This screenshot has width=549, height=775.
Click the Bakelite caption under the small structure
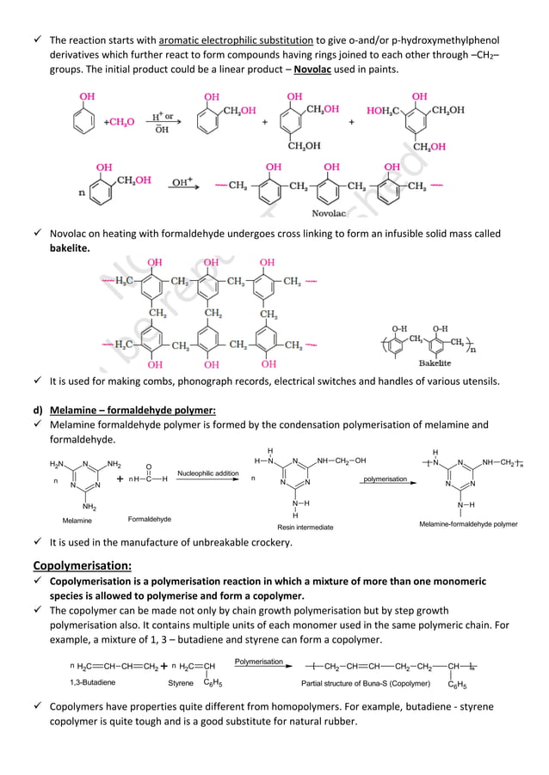click(435, 363)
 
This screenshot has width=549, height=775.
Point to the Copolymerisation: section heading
click(82, 565)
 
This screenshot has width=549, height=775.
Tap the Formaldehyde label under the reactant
click(150, 519)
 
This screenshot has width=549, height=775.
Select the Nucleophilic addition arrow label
click(208, 473)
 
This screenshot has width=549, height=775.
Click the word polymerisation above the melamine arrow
click(385, 479)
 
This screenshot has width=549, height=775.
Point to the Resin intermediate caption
click(304, 526)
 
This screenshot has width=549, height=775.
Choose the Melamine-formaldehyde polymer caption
click(468, 523)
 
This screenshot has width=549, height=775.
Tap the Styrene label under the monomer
click(181, 682)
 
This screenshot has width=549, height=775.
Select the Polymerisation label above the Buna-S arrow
click(259, 661)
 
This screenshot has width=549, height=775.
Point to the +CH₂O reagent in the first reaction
click(119, 122)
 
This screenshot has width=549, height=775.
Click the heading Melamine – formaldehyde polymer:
click(133, 409)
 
